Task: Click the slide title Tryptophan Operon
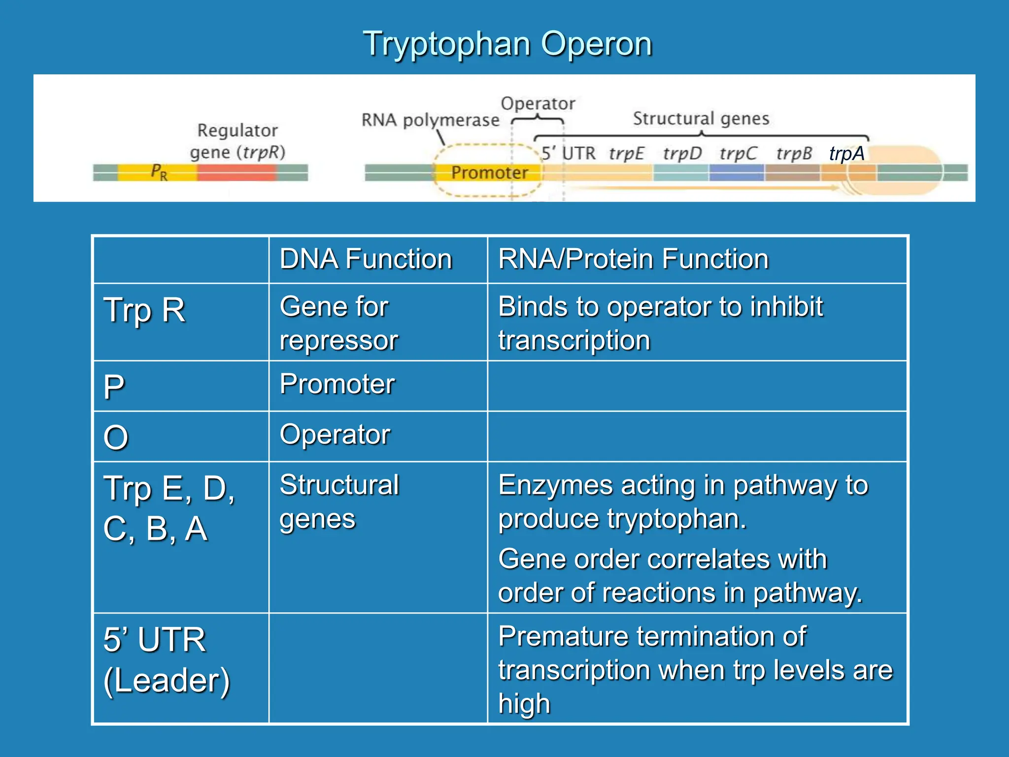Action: point(507,44)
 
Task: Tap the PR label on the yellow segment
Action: point(159,172)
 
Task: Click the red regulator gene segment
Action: point(236,172)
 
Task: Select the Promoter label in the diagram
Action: point(489,172)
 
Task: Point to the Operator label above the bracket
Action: point(538,103)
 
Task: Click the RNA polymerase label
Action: point(430,120)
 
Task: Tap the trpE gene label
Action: point(626,153)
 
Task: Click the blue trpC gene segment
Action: point(737,173)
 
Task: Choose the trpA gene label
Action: point(846,153)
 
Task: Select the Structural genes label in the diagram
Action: point(701,119)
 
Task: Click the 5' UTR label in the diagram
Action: point(568,153)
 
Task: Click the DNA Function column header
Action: point(366,259)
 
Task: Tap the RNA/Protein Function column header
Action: point(633,259)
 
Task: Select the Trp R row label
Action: point(144,310)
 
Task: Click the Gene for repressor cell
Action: point(339,323)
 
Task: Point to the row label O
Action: point(116,438)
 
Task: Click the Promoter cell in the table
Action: point(337,384)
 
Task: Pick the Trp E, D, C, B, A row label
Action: point(168,508)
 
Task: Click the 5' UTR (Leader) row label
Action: point(167,660)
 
